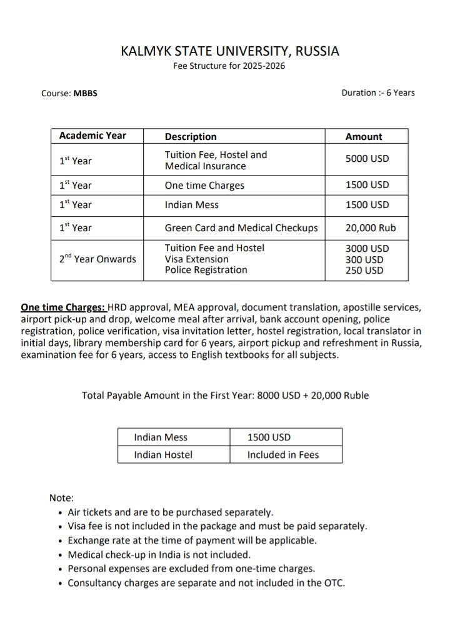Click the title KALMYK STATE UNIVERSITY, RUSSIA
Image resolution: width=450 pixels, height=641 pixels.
[230, 51]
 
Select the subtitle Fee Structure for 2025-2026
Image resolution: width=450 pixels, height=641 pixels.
[229, 66]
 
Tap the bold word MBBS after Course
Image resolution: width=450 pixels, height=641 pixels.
[86, 94]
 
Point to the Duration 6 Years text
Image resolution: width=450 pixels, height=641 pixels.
[377, 92]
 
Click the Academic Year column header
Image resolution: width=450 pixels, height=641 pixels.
[92, 136]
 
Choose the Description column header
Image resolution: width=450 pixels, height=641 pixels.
[191, 136]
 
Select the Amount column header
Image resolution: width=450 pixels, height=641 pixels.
[363, 136]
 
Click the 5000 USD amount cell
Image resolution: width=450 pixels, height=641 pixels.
[367, 159]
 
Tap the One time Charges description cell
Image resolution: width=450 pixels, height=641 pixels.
[204, 185]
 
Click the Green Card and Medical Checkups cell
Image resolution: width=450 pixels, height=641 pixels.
[241, 227]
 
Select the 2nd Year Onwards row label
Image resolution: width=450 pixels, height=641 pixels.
[97, 259]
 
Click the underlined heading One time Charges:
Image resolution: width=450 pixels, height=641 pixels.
[63, 307]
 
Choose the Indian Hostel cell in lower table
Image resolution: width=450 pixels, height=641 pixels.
[163, 454]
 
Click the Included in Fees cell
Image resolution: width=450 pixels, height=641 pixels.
[282, 454]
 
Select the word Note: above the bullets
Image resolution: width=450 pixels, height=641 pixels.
[61, 498]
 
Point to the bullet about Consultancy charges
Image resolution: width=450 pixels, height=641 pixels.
[206, 583]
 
